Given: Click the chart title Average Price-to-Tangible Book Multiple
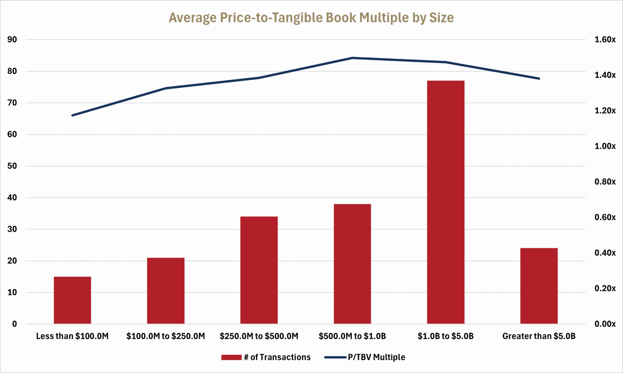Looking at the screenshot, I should pos(311,18).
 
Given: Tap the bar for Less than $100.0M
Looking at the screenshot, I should pos(72,300).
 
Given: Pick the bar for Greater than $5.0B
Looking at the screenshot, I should pos(539,286).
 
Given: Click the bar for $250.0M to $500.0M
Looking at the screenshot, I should pos(259,270).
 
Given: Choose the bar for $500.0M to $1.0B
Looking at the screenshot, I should pos(352,264).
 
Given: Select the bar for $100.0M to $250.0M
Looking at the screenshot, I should pos(166,291).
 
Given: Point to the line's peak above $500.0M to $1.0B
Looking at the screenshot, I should pos(352,58).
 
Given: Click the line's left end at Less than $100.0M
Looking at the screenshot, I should pos(73,115).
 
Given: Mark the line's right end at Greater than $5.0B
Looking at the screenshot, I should pos(539,78).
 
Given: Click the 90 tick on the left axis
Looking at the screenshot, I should pos(12,40).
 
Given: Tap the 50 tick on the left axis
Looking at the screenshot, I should pos(12,166).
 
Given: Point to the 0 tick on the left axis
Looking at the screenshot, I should pos(14,324).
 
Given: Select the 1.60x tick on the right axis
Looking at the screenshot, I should pos(605,40).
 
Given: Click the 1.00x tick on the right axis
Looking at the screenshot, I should pos(605,146).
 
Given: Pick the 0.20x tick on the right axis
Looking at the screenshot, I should pos(605,288).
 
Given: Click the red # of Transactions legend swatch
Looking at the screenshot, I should pos(231,357).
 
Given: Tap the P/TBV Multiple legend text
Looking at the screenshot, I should pos(376,357).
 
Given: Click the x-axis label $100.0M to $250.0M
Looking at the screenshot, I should pos(166,336).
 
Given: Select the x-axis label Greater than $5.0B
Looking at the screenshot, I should pos(539,336).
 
